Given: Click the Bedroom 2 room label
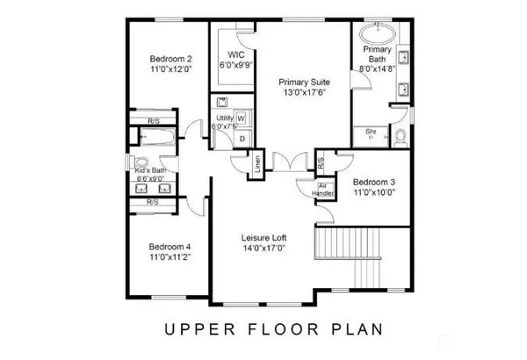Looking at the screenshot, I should [170, 58].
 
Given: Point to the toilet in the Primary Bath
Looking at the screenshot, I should [398, 136].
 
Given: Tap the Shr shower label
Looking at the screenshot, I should [371, 131].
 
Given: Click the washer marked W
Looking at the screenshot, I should [241, 119].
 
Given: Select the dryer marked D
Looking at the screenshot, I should [241, 139].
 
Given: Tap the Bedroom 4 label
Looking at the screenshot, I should [170, 247].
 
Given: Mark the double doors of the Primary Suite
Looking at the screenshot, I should [285, 162].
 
